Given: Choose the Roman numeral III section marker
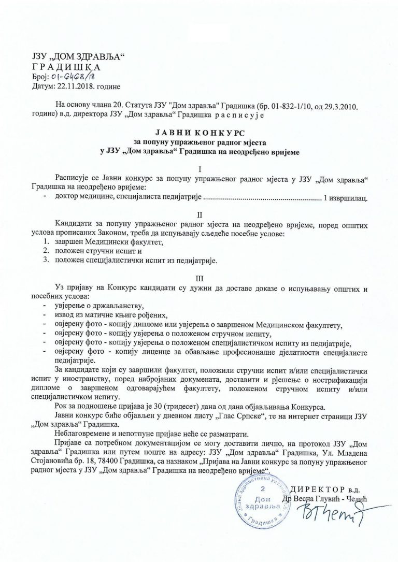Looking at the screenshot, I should [x=200, y=278].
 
